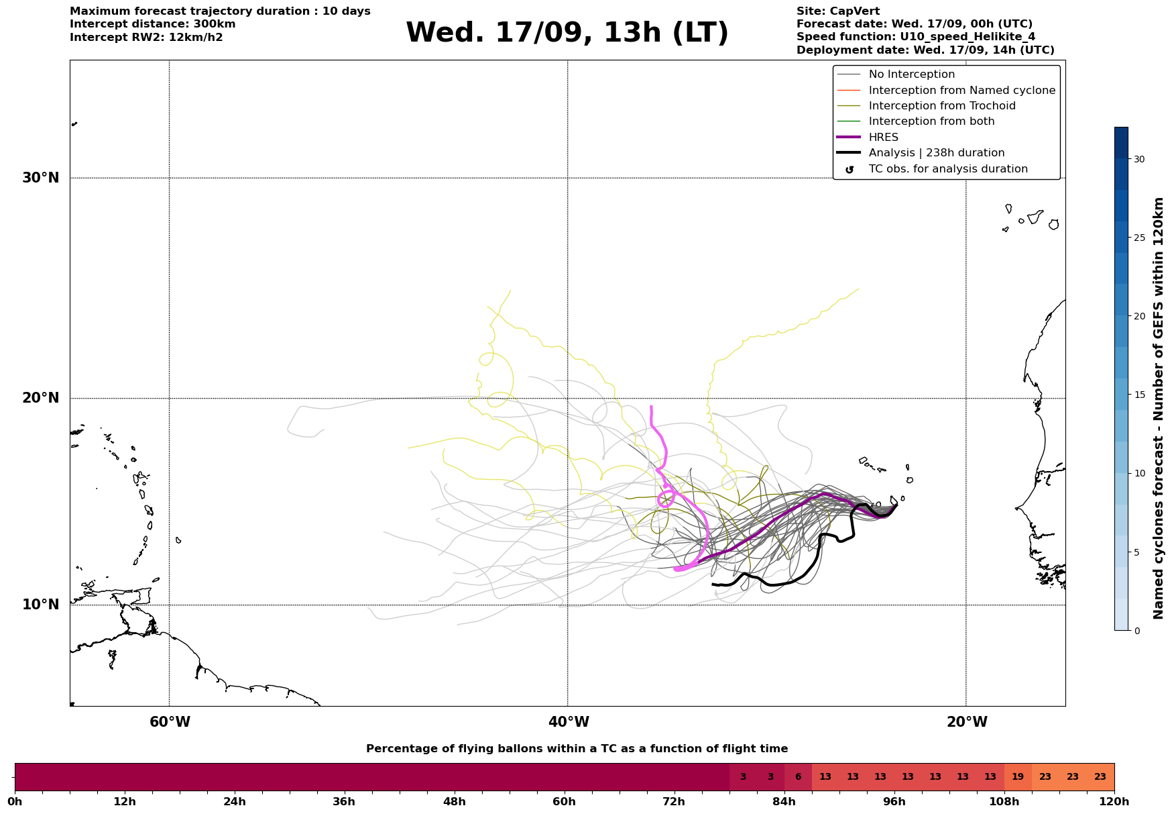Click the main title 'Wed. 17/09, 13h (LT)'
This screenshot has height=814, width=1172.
(567, 33)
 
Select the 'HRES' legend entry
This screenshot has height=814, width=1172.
(883, 138)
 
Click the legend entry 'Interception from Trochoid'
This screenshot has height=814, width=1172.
(941, 106)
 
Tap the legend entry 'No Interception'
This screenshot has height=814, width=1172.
(911, 74)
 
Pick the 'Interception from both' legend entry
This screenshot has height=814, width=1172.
(931, 121)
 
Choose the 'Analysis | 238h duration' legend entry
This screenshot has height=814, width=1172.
(936, 153)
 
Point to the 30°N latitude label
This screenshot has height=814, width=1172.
(41, 178)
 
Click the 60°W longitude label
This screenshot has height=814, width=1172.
(170, 722)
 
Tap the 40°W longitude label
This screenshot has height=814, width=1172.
(569, 722)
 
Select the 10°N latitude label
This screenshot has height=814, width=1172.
(41, 605)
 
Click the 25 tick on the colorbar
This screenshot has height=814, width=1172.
(1139, 238)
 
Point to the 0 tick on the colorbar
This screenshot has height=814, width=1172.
(1136, 631)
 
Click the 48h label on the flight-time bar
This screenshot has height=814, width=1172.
(454, 802)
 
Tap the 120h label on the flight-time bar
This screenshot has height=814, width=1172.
(1114, 802)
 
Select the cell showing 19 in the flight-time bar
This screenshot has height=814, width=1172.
(1018, 777)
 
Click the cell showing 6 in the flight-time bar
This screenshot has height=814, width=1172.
(798, 777)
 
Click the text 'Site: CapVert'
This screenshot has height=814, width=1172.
(837, 11)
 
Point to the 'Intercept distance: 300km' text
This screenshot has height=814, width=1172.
(152, 24)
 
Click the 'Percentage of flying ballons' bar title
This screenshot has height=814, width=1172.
(577, 749)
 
